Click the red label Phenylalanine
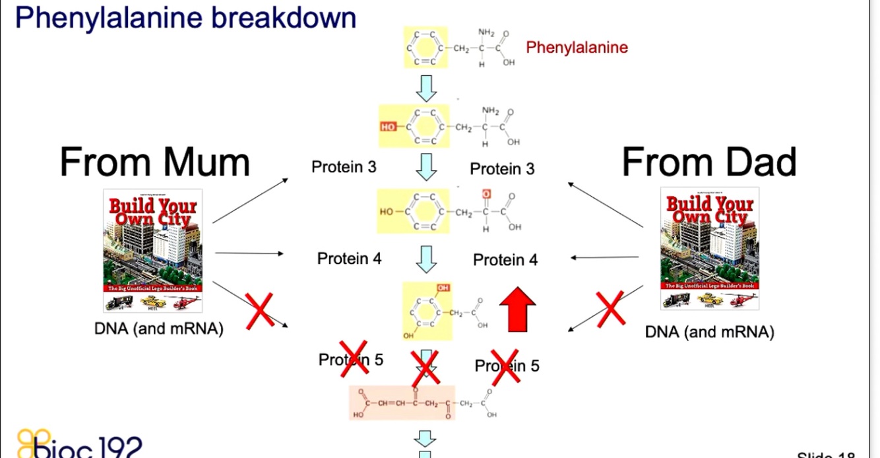coord(577,48)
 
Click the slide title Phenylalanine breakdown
coord(185,18)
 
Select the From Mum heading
coord(155,162)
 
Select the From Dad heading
coord(709,162)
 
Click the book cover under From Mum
coord(153,250)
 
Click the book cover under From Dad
coord(709,248)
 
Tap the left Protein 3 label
coord(344,167)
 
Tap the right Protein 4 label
coord(505,260)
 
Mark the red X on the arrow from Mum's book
coord(260,311)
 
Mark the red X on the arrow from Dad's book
coord(610,308)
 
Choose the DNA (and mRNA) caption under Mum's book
coord(158,329)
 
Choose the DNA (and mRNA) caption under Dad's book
coord(709,332)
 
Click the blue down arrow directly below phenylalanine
coord(426,88)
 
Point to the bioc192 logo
coord(79,443)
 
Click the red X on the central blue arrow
coord(425,369)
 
